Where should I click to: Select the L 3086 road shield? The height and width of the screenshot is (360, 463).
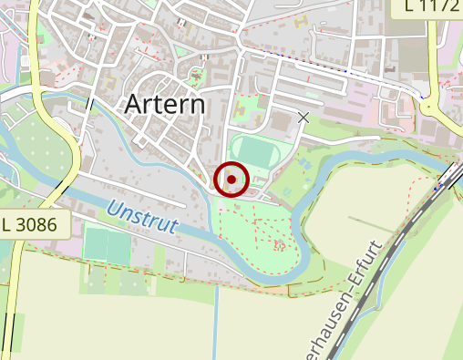tap(34, 224)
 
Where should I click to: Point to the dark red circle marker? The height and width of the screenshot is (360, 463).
tap(232, 179)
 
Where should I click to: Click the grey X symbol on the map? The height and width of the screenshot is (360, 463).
tap(304, 118)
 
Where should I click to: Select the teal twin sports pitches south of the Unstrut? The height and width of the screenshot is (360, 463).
tap(107, 246)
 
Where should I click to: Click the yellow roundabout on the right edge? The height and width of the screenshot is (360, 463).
tap(432, 107)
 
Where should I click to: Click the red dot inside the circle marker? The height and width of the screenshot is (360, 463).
tap(232, 179)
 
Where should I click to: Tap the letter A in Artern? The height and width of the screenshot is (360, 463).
tap(133, 104)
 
